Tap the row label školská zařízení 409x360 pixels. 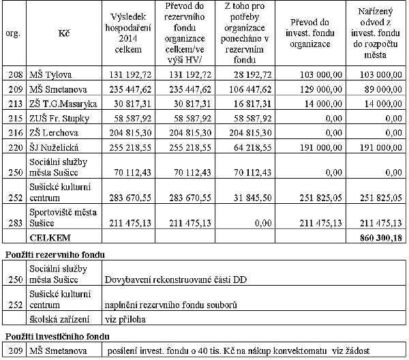(58, 318)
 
